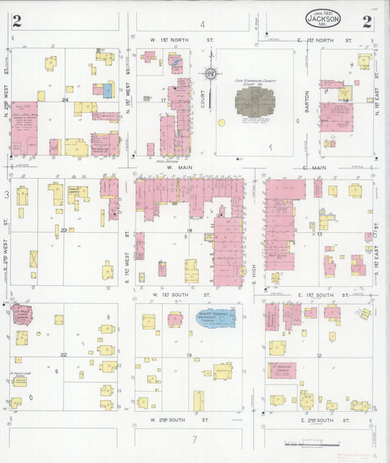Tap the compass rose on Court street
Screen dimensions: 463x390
pos(211,74)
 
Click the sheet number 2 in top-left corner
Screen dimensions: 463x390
pos(16,22)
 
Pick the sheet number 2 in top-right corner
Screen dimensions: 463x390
pos(367,22)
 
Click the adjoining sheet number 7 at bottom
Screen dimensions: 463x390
pos(195,439)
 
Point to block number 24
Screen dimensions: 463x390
pos(65,100)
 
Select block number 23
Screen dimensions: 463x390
pos(64,230)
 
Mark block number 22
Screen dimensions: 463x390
pos(64,355)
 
